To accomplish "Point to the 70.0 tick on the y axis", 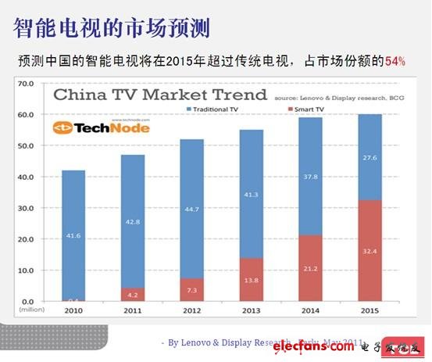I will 25,83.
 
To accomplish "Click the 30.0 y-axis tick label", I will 25,208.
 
